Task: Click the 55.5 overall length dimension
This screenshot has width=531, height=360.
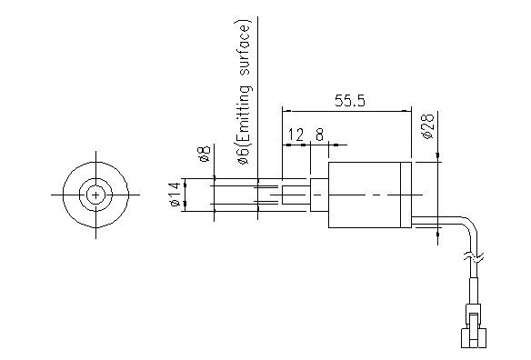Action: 350,101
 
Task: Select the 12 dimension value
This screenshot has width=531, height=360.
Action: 296,135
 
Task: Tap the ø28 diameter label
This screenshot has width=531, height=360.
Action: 427,126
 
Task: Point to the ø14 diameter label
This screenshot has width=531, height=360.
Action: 175,194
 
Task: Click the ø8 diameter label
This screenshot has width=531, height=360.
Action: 205,154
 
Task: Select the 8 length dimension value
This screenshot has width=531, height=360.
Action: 319,135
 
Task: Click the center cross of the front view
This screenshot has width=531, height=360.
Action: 95,195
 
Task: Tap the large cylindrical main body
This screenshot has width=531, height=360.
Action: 365,195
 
